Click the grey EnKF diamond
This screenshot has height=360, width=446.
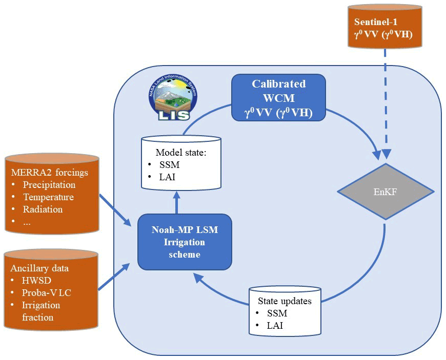click(386, 192)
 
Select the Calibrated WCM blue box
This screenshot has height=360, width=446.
click(278, 97)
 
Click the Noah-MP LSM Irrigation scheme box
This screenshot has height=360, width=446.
click(185, 242)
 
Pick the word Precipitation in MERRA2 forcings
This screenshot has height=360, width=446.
click(49, 185)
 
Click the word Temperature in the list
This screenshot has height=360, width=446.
click(48, 197)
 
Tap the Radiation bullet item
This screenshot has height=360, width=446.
click(43, 209)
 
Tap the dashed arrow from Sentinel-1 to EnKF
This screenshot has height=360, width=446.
click(386, 102)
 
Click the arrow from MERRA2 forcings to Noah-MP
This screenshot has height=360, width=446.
click(114, 210)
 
